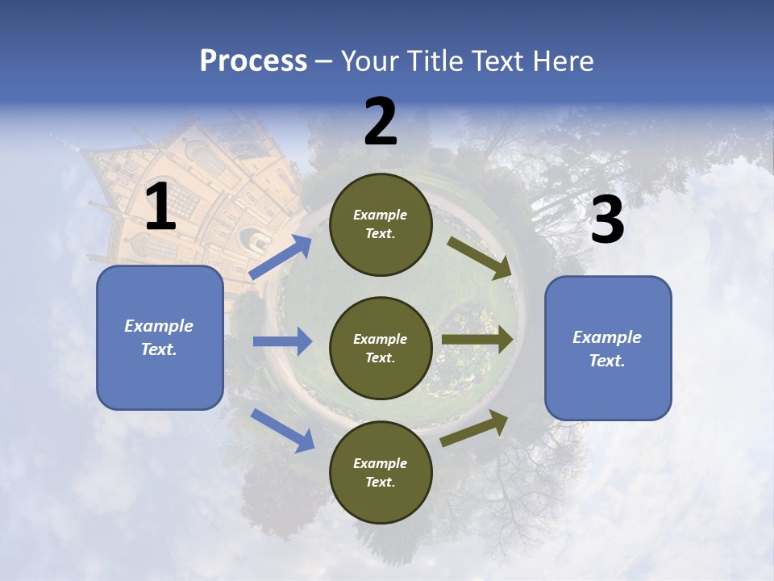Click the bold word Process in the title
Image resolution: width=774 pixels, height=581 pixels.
point(253,61)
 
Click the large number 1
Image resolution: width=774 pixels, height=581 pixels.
point(160,207)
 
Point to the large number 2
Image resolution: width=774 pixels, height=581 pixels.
point(381,122)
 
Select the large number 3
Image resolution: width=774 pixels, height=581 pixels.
point(607,220)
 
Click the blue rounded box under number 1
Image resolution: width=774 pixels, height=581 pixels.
point(160,337)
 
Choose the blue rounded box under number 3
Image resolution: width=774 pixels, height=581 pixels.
point(608,348)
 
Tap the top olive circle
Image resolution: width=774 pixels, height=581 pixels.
point(381,224)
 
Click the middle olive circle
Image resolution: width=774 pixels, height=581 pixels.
point(381,348)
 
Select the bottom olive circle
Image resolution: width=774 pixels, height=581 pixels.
point(381,472)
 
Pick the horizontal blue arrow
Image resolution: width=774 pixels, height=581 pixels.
point(282,341)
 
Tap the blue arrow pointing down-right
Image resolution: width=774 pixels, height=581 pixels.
point(283,429)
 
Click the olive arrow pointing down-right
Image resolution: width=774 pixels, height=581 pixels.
point(480,258)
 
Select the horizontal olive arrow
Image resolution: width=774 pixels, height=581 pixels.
point(477,340)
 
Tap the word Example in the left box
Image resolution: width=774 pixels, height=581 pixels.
point(159,326)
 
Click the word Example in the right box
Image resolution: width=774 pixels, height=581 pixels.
point(607,337)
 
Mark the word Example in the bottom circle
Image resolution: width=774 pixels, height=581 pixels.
point(381,463)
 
